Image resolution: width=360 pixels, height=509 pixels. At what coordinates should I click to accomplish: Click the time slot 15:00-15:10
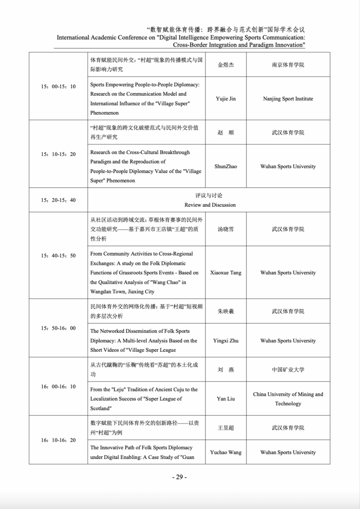coord(58,86)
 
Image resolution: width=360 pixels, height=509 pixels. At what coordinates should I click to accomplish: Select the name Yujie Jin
coord(226,99)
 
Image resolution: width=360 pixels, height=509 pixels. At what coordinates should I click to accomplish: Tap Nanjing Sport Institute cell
coord(288,99)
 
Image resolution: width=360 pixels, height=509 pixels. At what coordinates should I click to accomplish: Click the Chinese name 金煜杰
coord(226,65)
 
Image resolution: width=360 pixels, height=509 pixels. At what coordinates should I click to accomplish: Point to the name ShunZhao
coord(226,166)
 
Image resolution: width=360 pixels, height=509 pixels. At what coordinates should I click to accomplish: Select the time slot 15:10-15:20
coord(58,154)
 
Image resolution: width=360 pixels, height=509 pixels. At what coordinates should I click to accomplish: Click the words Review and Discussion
coord(210,205)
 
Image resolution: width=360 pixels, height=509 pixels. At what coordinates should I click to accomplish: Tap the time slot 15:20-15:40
coord(58,200)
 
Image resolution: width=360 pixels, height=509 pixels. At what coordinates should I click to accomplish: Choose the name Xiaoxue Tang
coord(226,273)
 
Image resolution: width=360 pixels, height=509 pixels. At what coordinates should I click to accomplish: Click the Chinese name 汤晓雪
coord(226,229)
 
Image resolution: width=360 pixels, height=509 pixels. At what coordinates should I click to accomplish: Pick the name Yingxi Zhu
coord(226,341)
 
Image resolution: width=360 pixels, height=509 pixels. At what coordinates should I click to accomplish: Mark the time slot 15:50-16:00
coord(58,328)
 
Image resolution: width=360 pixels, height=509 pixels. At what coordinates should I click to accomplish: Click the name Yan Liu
coord(226,399)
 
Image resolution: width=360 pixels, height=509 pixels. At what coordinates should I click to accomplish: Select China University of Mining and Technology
coord(288,399)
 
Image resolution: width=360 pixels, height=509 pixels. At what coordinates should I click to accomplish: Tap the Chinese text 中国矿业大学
coord(288,370)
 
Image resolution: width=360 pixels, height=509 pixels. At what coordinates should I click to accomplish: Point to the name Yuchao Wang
coord(226,452)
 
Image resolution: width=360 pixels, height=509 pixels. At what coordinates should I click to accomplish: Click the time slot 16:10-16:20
coord(58,440)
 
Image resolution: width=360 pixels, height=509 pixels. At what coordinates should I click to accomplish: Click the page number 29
coord(179,477)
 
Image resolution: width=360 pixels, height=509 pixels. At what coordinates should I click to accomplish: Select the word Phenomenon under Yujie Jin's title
coord(104,113)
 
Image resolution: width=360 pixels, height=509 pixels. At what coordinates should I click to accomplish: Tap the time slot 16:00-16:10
coord(58,387)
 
